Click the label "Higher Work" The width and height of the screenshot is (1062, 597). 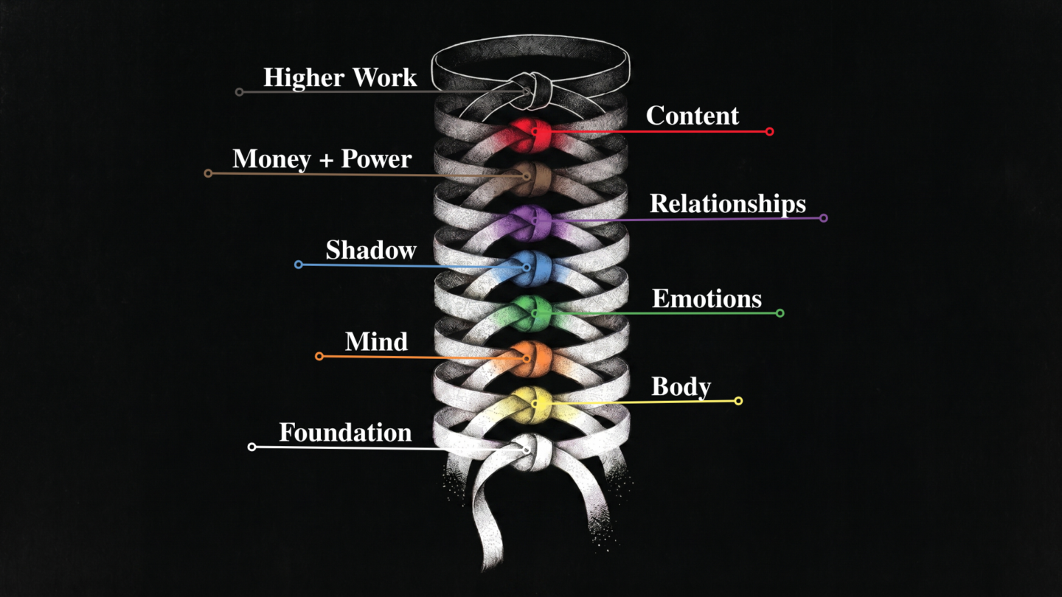[340, 77]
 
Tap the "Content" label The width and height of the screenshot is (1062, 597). [693, 116]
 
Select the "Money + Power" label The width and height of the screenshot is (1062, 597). [322, 159]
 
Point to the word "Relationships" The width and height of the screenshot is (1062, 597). [728, 203]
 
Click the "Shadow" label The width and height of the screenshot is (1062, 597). [371, 250]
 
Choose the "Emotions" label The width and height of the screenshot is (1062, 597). [707, 298]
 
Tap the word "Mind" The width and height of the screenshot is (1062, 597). [376, 341]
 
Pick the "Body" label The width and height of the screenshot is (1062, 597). [681, 387]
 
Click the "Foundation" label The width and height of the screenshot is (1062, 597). [345, 432]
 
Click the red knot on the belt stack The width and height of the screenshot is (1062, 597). [530, 135]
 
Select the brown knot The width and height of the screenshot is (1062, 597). [530, 178]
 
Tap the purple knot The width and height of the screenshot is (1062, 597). [530, 223]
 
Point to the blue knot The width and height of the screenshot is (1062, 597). [530, 268]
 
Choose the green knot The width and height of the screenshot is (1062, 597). [530, 313]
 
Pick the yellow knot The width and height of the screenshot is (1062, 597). [530, 405]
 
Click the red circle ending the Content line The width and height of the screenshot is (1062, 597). [769, 131]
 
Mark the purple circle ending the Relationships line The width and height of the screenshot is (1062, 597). [824, 218]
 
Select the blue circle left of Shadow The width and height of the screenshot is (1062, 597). [298, 265]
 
